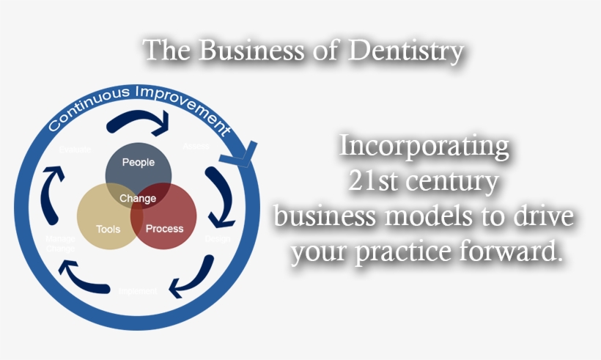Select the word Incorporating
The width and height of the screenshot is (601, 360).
tap(424, 147)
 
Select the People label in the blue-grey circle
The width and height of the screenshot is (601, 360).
tap(139, 162)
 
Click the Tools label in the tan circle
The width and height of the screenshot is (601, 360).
tap(108, 229)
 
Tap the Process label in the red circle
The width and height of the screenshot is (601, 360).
tap(164, 228)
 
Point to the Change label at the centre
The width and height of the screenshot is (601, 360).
tap(138, 198)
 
